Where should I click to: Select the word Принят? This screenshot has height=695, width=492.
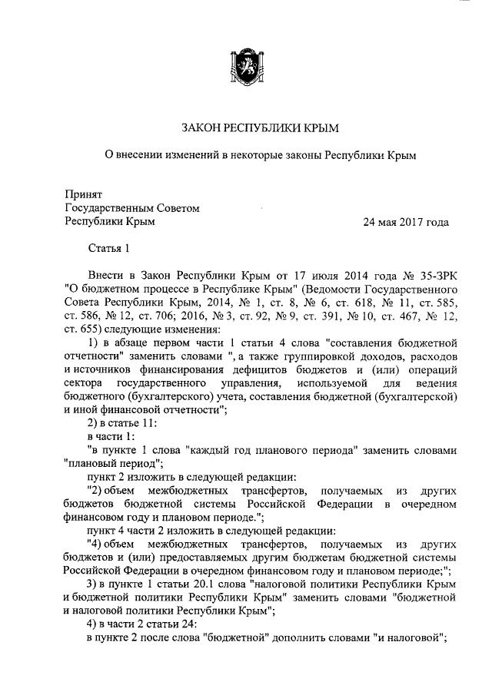(83, 195)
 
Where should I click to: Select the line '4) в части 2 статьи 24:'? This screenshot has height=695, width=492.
(141, 626)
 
